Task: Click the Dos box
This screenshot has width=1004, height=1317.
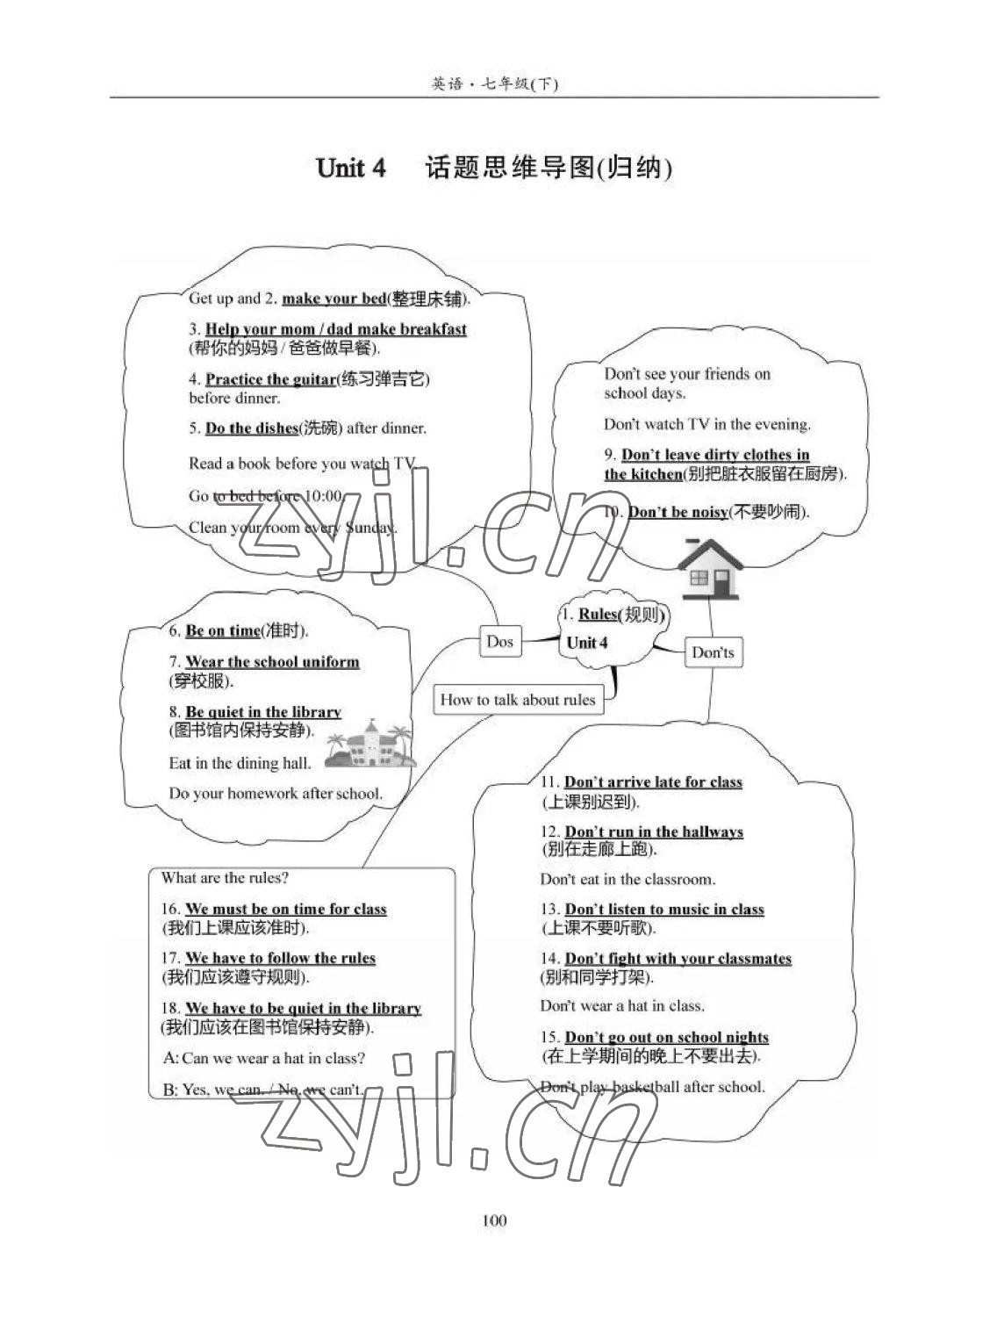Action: (x=499, y=641)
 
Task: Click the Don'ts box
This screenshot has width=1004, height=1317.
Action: (x=713, y=652)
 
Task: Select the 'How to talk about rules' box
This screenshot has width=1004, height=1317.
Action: (x=518, y=700)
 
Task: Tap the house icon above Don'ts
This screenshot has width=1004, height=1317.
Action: (x=710, y=568)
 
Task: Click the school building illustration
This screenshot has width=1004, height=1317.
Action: (x=369, y=745)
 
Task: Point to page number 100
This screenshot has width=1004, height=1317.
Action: (x=494, y=1220)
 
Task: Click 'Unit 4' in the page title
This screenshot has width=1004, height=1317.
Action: (x=350, y=168)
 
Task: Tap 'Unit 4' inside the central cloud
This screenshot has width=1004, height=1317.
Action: (x=587, y=643)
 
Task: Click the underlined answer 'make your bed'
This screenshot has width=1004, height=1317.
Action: (x=333, y=299)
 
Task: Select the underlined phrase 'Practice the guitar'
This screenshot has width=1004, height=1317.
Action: (x=270, y=379)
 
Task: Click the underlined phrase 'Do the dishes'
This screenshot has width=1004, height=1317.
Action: (x=252, y=428)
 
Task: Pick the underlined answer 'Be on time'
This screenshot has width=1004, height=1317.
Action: (x=223, y=630)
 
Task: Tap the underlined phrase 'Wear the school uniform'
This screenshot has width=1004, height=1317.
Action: (x=272, y=662)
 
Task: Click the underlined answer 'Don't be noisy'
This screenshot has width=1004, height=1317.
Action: (x=678, y=512)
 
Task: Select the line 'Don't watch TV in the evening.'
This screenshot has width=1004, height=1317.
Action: (x=706, y=424)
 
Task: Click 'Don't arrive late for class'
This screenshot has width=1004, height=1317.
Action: (x=653, y=781)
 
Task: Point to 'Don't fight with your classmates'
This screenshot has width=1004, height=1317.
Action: (x=678, y=959)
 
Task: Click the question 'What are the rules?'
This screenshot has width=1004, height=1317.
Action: (x=225, y=877)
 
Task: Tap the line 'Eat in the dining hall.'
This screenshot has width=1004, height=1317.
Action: (x=240, y=763)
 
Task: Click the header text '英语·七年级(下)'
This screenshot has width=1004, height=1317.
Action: (x=494, y=83)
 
